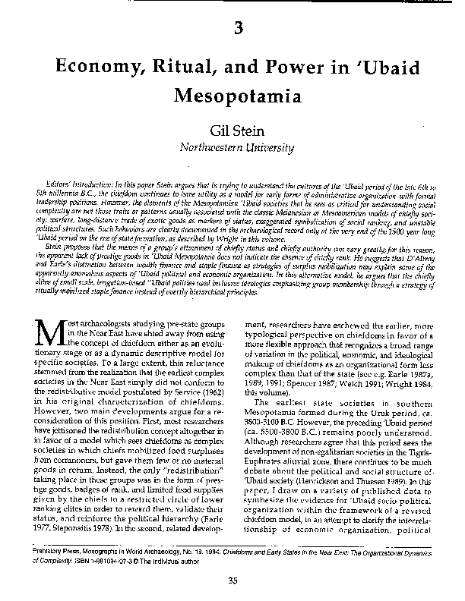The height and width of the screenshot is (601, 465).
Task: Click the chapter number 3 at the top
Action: coord(239,30)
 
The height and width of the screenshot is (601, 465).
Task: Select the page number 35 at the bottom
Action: coord(233,581)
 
